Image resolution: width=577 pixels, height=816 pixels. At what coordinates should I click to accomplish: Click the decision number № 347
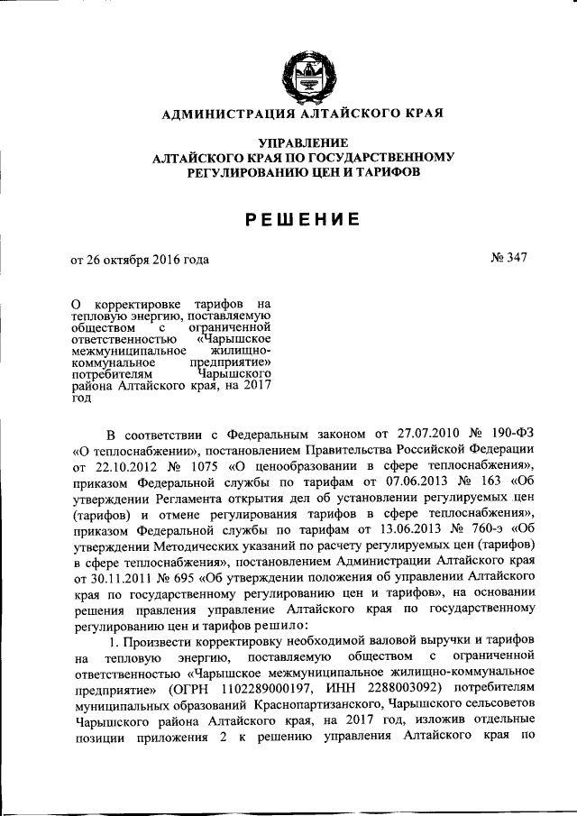(508, 259)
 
